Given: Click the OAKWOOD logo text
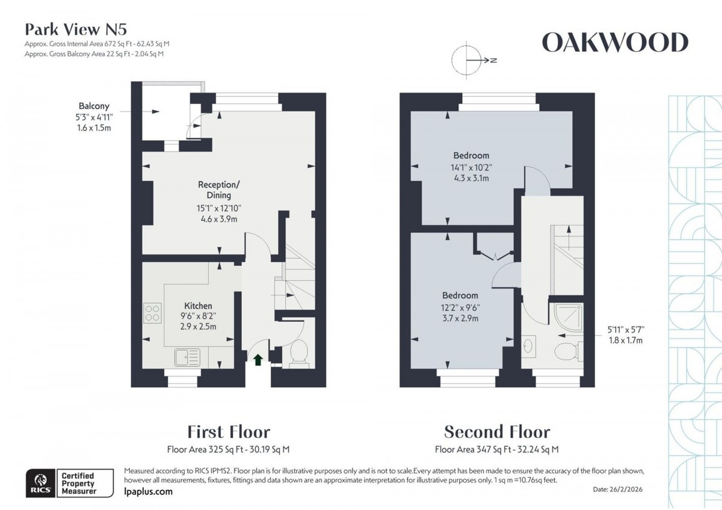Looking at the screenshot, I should (x=614, y=43).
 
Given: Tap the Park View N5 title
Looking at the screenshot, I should (x=75, y=29).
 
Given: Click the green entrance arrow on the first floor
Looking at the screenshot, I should (x=258, y=360).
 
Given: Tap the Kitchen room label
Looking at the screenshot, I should (x=198, y=306).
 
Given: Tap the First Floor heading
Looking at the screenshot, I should (x=229, y=431).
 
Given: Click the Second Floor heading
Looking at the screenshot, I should (x=497, y=431).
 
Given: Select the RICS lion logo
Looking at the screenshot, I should (x=40, y=483).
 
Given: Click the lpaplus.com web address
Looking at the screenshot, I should (x=147, y=491).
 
